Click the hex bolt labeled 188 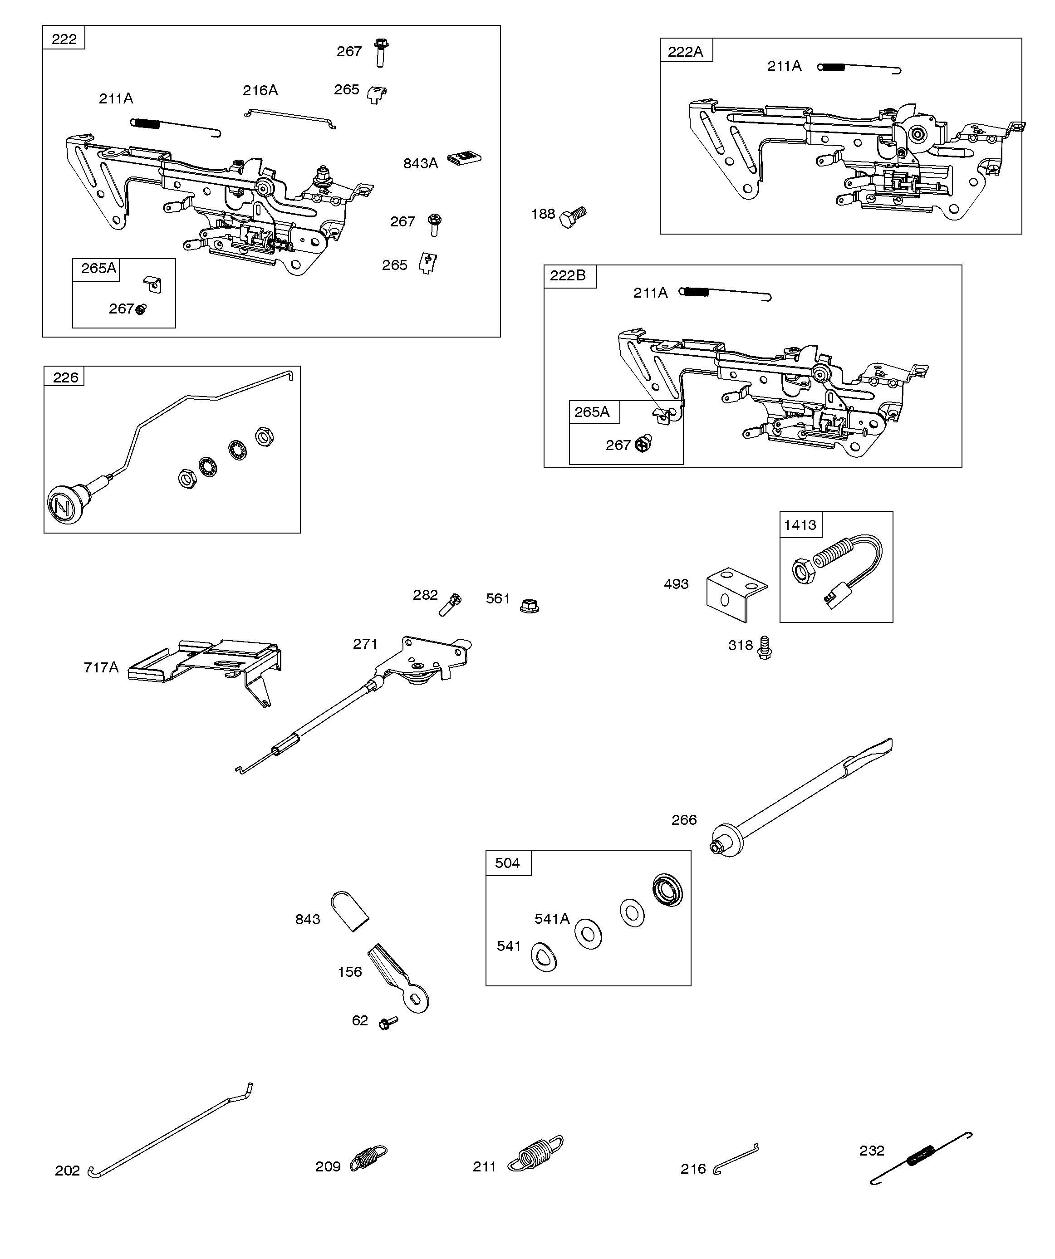[573, 217]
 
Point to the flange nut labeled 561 [529, 606]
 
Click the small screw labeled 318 [765, 647]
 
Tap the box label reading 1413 [800, 525]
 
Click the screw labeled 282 [450, 604]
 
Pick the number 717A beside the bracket [101, 667]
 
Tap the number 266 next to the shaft [684, 819]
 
